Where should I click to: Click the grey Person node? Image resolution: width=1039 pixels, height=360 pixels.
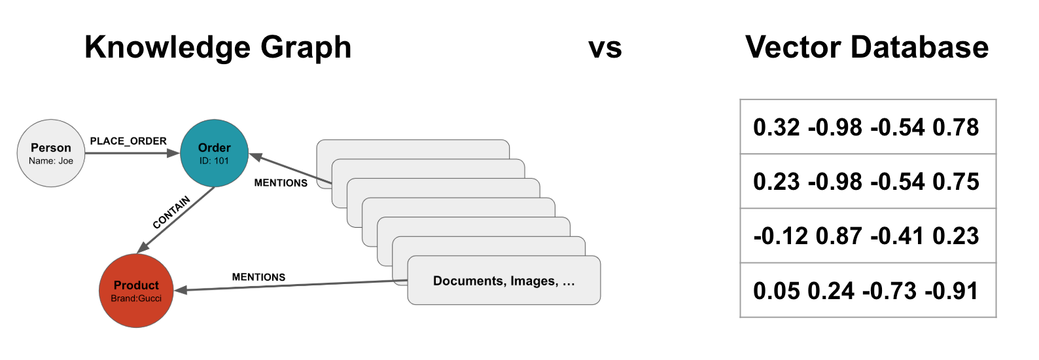click(x=51, y=153)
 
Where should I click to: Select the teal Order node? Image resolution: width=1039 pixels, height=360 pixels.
click(x=214, y=153)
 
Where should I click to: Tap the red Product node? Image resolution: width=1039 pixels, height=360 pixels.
click(x=136, y=291)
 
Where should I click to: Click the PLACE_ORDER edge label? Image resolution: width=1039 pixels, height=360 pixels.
click(x=128, y=141)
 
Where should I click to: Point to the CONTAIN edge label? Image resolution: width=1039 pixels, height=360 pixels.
click(x=171, y=212)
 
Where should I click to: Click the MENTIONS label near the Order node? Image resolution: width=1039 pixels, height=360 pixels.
click(x=281, y=183)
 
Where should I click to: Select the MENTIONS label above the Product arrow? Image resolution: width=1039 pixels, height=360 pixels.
click(x=258, y=277)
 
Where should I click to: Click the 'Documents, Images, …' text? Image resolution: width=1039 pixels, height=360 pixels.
click(x=504, y=281)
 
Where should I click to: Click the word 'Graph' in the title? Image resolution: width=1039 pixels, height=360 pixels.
click(x=306, y=47)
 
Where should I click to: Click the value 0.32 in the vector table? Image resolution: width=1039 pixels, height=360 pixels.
click(x=777, y=127)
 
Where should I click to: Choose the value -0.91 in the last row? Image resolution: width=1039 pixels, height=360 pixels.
click(x=952, y=291)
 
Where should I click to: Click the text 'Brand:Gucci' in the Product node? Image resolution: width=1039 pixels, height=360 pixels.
click(x=136, y=298)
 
